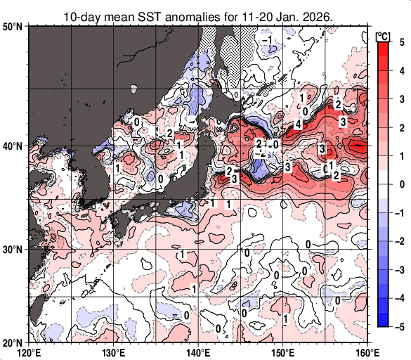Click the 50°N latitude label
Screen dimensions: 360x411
coord(13,27)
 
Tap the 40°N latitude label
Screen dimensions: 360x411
coord(13,146)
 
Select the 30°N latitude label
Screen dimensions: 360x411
coord(13,250)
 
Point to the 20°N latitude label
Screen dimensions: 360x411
coord(13,342)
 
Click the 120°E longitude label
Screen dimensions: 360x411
coord(29,352)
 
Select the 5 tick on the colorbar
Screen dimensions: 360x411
coord(400,41)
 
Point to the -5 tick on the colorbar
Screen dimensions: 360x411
coord(398,326)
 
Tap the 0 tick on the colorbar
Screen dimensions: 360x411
coord(400,184)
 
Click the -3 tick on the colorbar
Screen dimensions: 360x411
coord(398,269)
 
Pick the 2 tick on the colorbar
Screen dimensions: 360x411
coord(400,127)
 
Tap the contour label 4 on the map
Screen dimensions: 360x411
coord(298,124)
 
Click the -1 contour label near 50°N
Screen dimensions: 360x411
coord(267,40)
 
